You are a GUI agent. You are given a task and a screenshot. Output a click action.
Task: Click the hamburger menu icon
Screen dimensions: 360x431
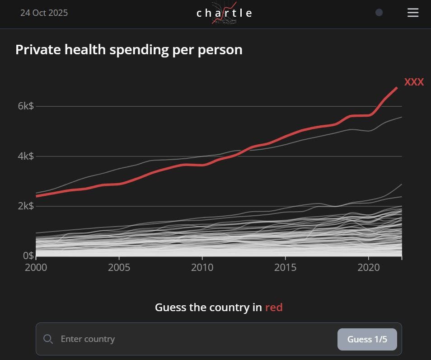tap(413, 13)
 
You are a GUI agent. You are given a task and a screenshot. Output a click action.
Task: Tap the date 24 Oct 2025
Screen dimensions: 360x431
tap(44, 13)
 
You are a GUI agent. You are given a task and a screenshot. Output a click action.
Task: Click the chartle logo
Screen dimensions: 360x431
tap(225, 13)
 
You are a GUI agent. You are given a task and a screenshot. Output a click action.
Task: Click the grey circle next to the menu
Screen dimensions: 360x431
tap(379, 13)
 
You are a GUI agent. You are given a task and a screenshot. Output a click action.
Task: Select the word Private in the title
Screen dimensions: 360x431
tap(38, 49)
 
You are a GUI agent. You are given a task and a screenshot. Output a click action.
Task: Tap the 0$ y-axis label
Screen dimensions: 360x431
tap(28, 256)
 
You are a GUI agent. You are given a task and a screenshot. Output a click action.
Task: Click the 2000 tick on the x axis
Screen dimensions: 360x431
tap(36, 267)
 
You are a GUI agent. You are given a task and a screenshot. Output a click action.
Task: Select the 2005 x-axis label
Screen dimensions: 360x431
tap(119, 267)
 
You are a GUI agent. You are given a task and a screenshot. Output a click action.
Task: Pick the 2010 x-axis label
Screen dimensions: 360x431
tap(202, 267)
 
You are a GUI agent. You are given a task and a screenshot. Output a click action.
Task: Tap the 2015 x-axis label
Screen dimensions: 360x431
tap(286, 267)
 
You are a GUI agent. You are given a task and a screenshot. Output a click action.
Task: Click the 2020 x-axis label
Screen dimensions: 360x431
tap(369, 267)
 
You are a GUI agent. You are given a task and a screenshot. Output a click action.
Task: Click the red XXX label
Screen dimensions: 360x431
tap(414, 82)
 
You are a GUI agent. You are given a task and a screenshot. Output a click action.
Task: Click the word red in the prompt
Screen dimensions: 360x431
tap(274, 308)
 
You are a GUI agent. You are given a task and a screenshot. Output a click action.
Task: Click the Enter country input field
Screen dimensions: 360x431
tap(194, 339)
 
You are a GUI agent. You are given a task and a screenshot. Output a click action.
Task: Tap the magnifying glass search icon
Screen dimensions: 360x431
tap(48, 339)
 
